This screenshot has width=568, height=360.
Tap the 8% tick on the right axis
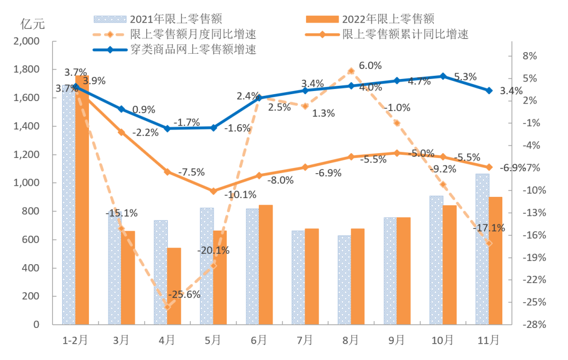pos(529,56)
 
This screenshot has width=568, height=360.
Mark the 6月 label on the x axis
pos(259,341)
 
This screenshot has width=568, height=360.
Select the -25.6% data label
pos(184,295)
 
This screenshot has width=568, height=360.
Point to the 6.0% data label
pos(370,66)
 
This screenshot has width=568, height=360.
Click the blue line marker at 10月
pos(443,76)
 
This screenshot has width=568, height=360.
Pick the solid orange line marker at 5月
pos(213,191)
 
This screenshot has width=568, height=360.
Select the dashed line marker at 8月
pos(351,71)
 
